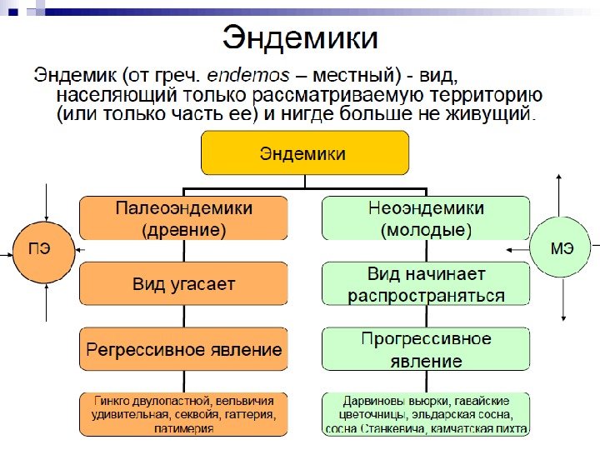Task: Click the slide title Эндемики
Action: (299, 38)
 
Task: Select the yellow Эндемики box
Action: (304, 153)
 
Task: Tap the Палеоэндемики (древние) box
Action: (183, 218)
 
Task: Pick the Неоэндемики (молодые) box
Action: (425, 218)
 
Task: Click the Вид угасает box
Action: (183, 284)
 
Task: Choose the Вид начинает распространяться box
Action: (425, 284)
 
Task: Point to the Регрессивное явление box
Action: (183, 349)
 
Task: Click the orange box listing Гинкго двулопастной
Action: (183, 413)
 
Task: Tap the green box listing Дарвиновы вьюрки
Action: (425, 413)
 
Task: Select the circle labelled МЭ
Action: (561, 247)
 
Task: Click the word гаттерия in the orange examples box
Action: (247, 413)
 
